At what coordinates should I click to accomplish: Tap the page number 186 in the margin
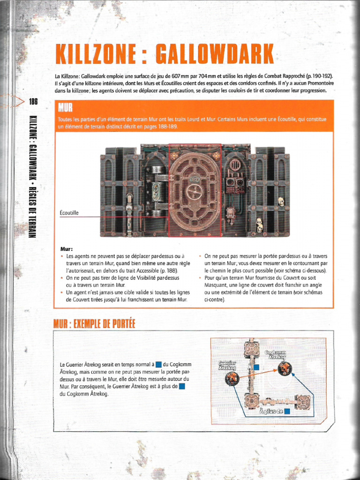pyautogui.click(x=33, y=101)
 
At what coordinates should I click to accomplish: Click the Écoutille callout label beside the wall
pyautogui.click(x=69, y=213)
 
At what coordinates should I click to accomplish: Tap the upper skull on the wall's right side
pyautogui.click(x=281, y=201)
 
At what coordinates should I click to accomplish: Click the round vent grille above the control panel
pyautogui.click(x=234, y=165)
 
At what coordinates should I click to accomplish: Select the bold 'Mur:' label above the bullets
pyautogui.click(x=67, y=249)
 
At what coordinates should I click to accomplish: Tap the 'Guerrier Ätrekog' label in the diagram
pyautogui.click(x=227, y=365)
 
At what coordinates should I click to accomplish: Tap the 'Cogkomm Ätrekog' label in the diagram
pyautogui.click(x=277, y=354)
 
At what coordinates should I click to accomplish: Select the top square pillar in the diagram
pyautogui.click(x=252, y=349)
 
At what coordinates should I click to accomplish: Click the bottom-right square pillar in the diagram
pyautogui.click(x=303, y=402)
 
